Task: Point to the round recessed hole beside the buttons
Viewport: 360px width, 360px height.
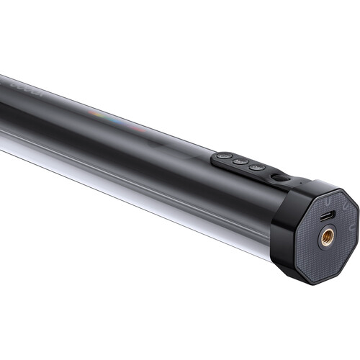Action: (x=278, y=176)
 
